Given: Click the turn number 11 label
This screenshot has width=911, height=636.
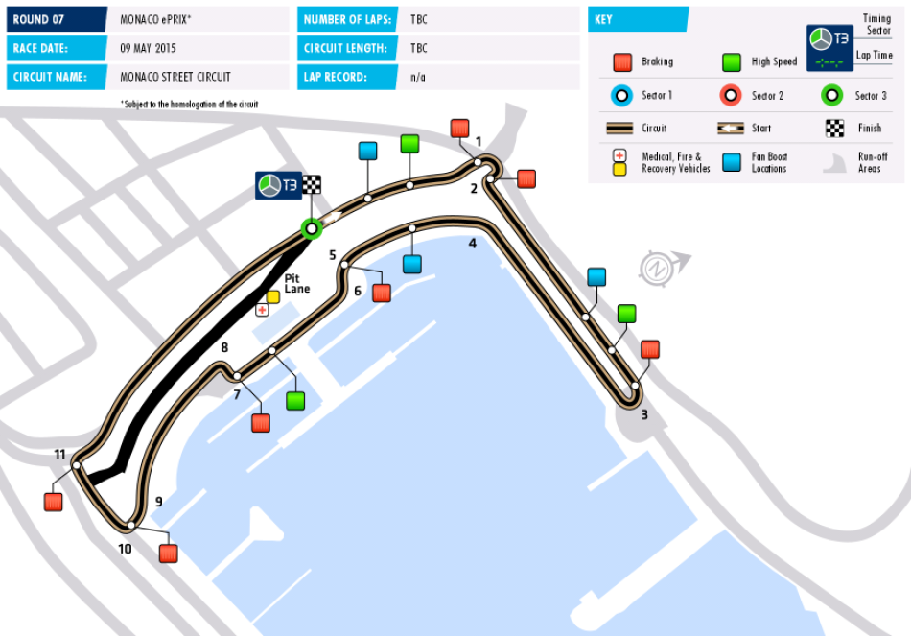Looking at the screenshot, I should point(60,454).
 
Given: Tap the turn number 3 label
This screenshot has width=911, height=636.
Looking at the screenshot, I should point(644,415).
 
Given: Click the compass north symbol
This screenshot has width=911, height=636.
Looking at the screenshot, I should point(658,264).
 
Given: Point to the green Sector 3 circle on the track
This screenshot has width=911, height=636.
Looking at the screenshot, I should point(310,228).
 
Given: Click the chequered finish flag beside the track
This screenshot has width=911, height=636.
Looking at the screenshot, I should point(313,185).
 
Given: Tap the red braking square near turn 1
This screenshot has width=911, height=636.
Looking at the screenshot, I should point(459,129).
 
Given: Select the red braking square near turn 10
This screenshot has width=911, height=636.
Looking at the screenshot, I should point(169,554).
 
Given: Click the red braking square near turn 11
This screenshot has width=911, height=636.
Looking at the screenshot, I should point(54,502).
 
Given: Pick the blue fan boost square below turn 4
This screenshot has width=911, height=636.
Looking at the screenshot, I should point(412,264).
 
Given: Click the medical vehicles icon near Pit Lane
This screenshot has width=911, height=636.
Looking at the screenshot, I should point(262,310).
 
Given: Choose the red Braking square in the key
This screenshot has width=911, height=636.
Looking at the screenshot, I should point(621,62).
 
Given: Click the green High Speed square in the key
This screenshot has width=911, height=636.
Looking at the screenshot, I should point(732,62).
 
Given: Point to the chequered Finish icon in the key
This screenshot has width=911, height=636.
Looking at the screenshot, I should point(834,129).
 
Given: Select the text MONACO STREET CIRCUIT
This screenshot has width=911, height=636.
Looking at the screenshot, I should point(175,77).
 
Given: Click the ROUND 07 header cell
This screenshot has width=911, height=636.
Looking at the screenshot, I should point(56,19).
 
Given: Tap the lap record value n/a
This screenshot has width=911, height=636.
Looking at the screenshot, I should point(418,77).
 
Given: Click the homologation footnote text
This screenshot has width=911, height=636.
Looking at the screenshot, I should point(189,104).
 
